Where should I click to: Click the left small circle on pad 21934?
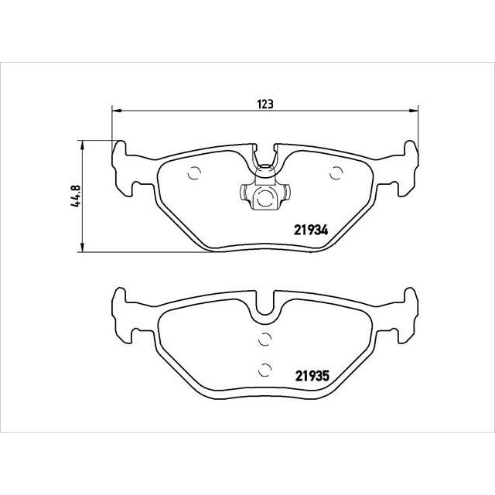194,173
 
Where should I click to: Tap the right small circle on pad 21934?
335,173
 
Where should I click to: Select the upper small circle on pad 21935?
265,336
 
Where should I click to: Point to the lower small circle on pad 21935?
265,368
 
